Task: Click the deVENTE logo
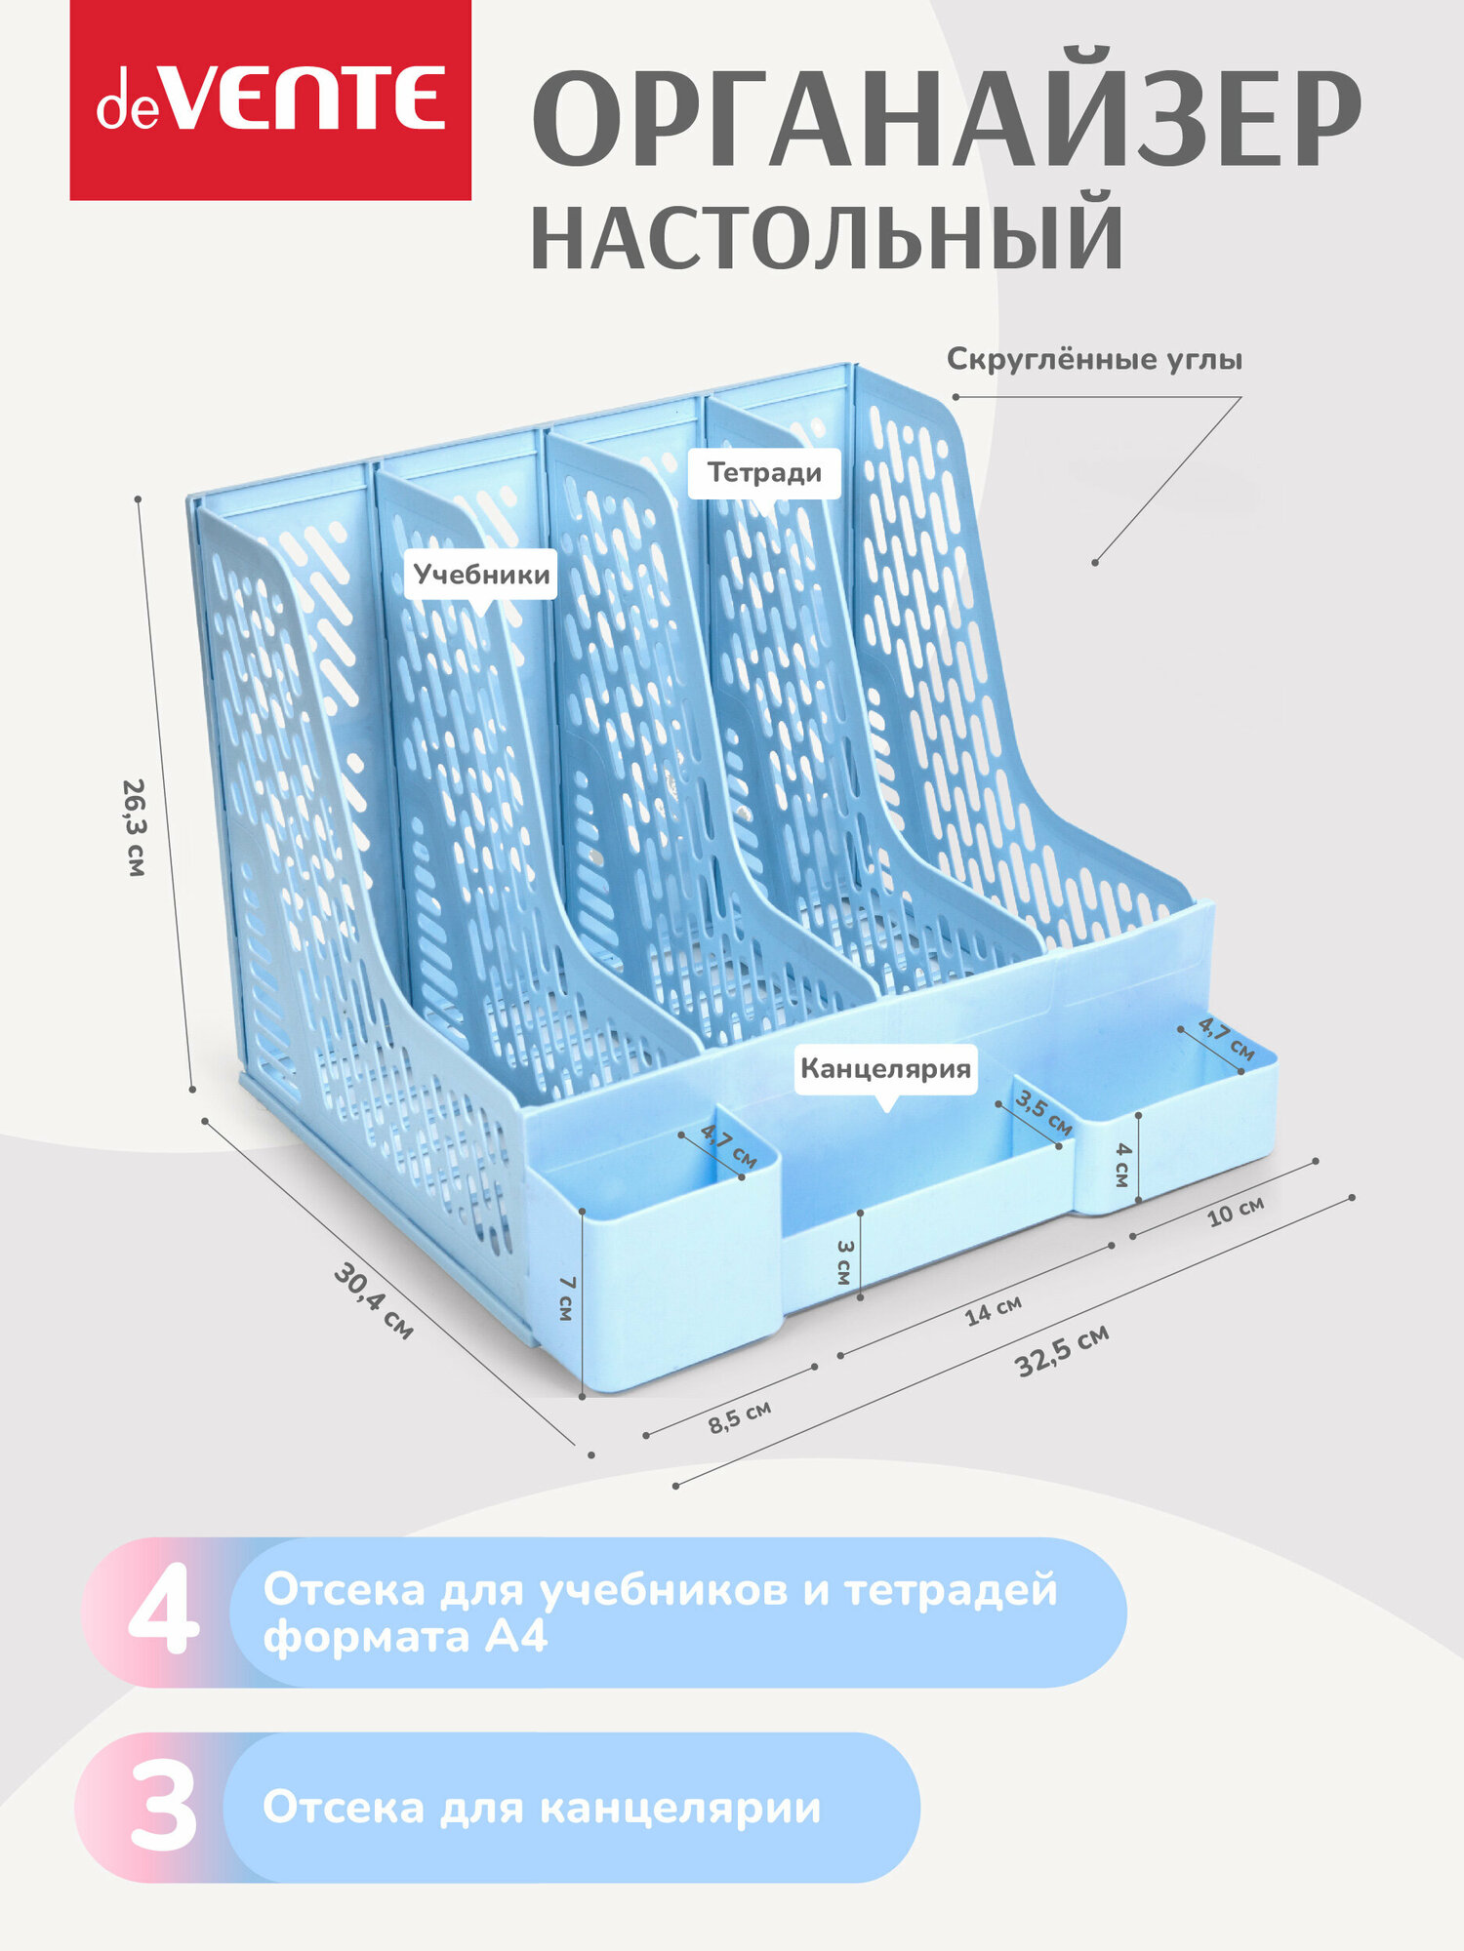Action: click(270, 100)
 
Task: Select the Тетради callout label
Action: click(764, 473)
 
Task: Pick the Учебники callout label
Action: click(481, 574)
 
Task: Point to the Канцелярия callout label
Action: click(885, 1068)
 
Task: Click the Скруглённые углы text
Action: click(1094, 360)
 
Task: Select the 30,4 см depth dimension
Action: click(374, 1301)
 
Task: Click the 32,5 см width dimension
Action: click(1062, 1351)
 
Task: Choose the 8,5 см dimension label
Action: click(739, 1416)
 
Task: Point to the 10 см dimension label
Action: click(1235, 1211)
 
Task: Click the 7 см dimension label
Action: click(565, 1298)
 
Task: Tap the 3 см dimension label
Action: click(845, 1262)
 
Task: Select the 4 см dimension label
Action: click(1122, 1165)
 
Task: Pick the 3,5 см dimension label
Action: click(1043, 1113)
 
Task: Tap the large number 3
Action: click(163, 1809)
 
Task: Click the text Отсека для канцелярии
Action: click(542, 1808)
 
